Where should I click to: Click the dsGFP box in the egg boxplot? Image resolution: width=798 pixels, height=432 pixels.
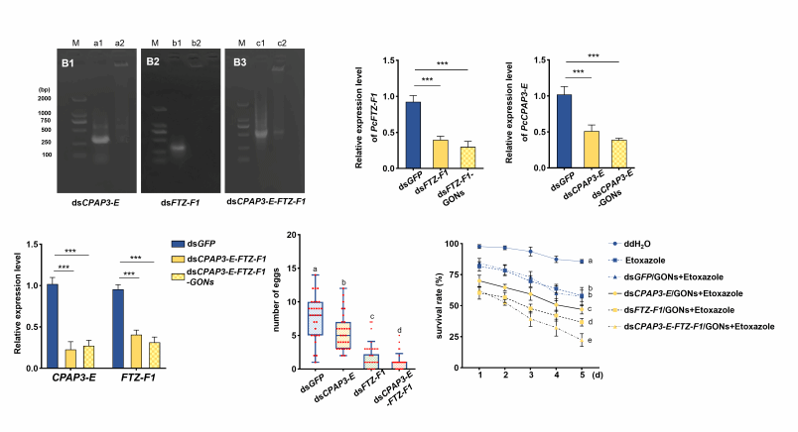pos(316,321)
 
